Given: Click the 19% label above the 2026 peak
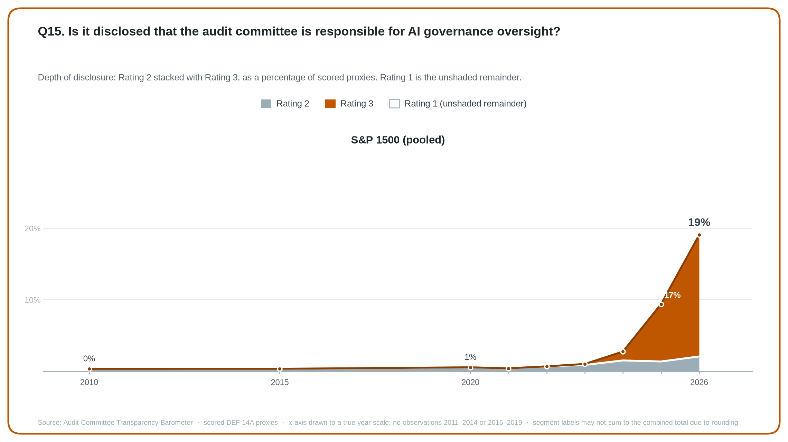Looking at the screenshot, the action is pos(699,222).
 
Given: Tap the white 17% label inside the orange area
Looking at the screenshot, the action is pos(672,295).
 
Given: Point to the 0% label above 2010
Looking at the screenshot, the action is pos(89,358).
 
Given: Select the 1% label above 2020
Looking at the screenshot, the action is pos(470,357).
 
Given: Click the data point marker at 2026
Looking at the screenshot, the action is pos(699,235).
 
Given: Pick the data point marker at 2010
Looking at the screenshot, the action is pos(90,369).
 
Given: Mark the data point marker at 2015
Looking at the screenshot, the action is pos(280,369).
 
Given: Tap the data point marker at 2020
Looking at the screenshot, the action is pos(470,368).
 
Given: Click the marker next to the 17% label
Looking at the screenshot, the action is pos(661,305).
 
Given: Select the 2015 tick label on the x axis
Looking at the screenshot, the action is pos(280,382).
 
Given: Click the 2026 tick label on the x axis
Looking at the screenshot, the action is pos(699,382).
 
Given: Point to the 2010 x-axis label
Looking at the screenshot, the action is pos(89,382).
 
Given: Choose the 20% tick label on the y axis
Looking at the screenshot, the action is pos(32,229).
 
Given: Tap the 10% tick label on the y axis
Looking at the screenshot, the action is pos(32,300).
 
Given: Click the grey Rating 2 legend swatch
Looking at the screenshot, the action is pos(266,104).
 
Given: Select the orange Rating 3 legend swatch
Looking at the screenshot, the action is pos(330,104).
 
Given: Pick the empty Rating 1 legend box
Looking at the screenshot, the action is pos(394,104).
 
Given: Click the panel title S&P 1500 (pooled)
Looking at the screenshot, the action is pos(398,140).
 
